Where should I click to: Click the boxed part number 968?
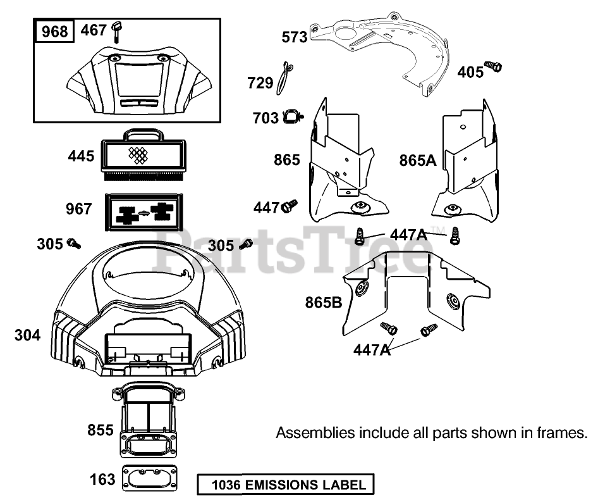pos(54,30)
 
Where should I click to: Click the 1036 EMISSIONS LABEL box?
pos(285,485)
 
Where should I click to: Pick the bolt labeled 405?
pos(493,66)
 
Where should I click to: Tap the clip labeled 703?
pos(292,116)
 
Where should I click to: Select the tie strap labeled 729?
pos(288,75)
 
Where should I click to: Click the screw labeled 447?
pos(290,206)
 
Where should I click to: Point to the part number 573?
pos(295,37)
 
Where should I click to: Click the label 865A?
pos(418,160)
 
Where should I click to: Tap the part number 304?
pos(27,335)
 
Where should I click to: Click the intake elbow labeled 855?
pos(147,421)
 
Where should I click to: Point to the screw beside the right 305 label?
pos(247,243)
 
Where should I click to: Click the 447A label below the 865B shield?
pos(372,349)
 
